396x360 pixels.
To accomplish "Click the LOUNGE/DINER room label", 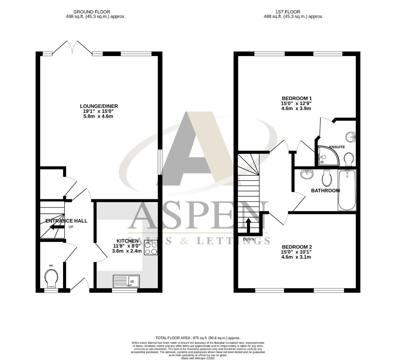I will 100,106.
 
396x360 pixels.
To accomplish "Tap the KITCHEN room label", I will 127,241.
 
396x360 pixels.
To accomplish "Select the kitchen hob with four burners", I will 151,247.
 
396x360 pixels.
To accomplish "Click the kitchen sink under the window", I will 126,281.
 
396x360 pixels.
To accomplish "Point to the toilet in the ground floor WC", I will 51,278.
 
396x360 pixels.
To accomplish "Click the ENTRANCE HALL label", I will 66,221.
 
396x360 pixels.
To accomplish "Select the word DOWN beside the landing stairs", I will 248,239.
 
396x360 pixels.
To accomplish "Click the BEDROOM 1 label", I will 296,98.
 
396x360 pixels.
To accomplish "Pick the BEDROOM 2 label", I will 296,247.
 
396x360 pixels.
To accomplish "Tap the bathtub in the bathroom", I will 347,190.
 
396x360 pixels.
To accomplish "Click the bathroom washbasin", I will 307,174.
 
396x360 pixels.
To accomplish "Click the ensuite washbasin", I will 351,137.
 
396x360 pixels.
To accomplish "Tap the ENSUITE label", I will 337,147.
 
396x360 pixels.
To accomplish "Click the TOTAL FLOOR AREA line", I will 198,338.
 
